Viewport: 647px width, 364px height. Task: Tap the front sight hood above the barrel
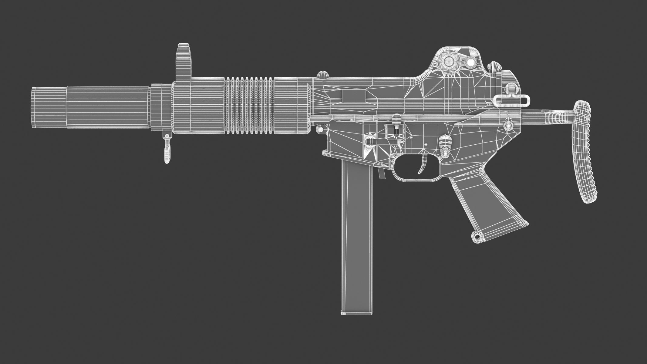tap(184, 62)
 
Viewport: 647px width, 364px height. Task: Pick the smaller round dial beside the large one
tap(471, 62)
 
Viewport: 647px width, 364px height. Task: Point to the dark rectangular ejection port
tap(353, 96)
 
